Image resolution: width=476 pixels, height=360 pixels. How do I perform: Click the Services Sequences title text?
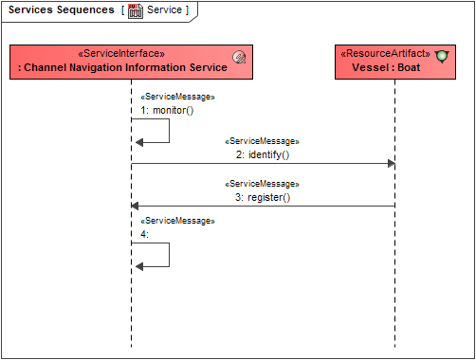(62, 10)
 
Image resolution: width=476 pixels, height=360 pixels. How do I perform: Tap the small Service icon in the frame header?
(136, 10)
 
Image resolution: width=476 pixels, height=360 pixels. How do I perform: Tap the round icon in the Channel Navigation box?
(240, 59)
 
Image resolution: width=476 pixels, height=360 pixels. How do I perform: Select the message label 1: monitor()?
(167, 110)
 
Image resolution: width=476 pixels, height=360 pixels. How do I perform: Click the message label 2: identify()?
(262, 154)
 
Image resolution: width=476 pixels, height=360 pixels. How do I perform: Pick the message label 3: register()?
(262, 197)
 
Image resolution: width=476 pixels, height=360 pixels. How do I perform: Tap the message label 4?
(144, 233)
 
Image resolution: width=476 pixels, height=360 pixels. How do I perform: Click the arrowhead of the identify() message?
(390, 164)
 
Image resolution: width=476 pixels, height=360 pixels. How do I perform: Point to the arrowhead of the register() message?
(136, 206)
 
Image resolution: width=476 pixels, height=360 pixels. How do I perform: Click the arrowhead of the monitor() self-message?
(139, 142)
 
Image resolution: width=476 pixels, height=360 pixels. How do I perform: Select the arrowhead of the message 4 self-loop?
(139, 266)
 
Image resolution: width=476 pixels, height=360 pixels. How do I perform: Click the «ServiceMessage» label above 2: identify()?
(262, 141)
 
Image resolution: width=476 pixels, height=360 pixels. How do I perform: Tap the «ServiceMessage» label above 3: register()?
(262, 184)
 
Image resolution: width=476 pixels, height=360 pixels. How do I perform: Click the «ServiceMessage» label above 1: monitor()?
(177, 97)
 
